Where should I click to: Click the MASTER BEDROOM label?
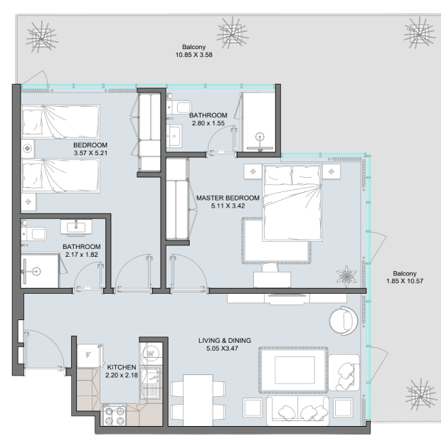pyautogui.click(x=228, y=198)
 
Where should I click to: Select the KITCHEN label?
pyautogui.click(x=122, y=367)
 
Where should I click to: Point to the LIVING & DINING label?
pyautogui.click(x=225, y=340)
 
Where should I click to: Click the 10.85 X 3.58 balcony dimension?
pyautogui.click(x=193, y=55)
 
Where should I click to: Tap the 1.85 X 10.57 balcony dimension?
pyautogui.click(x=405, y=281)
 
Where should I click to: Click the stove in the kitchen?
pyautogui.click(x=115, y=415)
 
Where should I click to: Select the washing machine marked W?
pyautogui.click(x=151, y=354)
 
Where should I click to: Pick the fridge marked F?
pyautogui.click(x=88, y=356)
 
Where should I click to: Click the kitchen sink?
pyautogui.click(x=151, y=383)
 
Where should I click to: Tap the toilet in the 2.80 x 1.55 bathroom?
pyautogui.click(x=179, y=107)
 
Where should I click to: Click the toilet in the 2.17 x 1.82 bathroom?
pyautogui.click(x=34, y=234)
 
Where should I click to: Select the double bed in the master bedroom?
pyautogui.click(x=292, y=203)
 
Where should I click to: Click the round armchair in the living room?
pyautogui.click(x=344, y=321)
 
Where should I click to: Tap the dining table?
pyautogui.click(x=198, y=400)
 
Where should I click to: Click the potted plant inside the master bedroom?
pyautogui.click(x=347, y=276)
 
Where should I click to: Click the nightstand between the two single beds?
pyautogui.click(x=28, y=148)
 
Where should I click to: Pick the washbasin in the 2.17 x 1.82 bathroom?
pyautogui.click(x=76, y=227)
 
